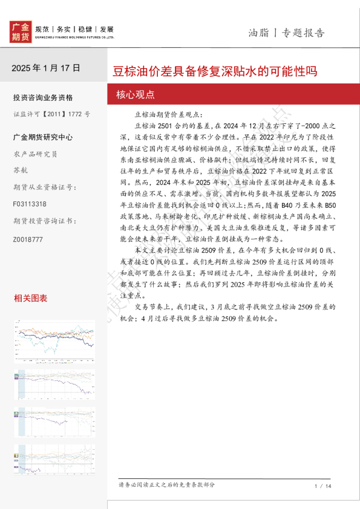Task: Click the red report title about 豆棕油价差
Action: pyautogui.click(x=215, y=71)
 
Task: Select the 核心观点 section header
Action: pyautogui.click(x=135, y=94)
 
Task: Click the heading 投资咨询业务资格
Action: pyautogui.click(x=42, y=98)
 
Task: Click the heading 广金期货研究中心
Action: pyautogui.click(x=42, y=137)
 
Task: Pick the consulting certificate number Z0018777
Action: pyautogui.click(x=28, y=239)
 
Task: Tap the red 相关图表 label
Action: pyautogui.click(x=30, y=298)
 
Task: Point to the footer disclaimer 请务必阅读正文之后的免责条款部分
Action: pyautogui.click(x=167, y=485)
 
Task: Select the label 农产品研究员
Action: pyautogui.click(x=35, y=154)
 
